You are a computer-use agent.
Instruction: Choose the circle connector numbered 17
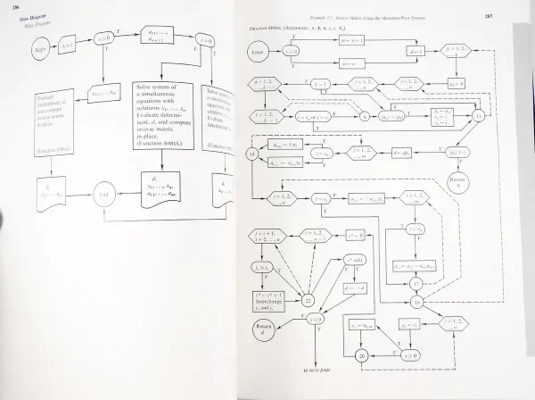pyautogui.click(x=416, y=285)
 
